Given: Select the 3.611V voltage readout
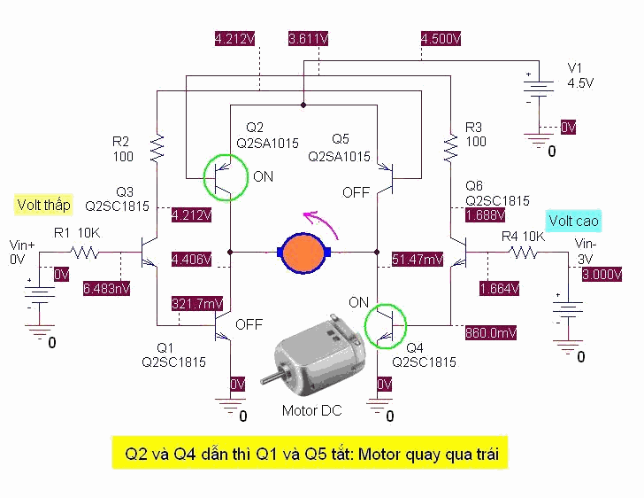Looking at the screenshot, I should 309,39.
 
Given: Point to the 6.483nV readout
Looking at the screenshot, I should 105,289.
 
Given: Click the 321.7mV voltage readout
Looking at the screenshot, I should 196,304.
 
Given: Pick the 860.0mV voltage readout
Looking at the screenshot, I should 490,332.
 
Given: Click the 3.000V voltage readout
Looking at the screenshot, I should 602,276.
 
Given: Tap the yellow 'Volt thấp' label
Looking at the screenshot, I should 43,205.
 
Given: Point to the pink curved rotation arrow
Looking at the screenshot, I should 320,221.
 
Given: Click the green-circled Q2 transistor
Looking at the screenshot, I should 226,177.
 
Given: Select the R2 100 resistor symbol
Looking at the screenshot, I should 157,148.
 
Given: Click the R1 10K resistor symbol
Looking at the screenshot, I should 87,253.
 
